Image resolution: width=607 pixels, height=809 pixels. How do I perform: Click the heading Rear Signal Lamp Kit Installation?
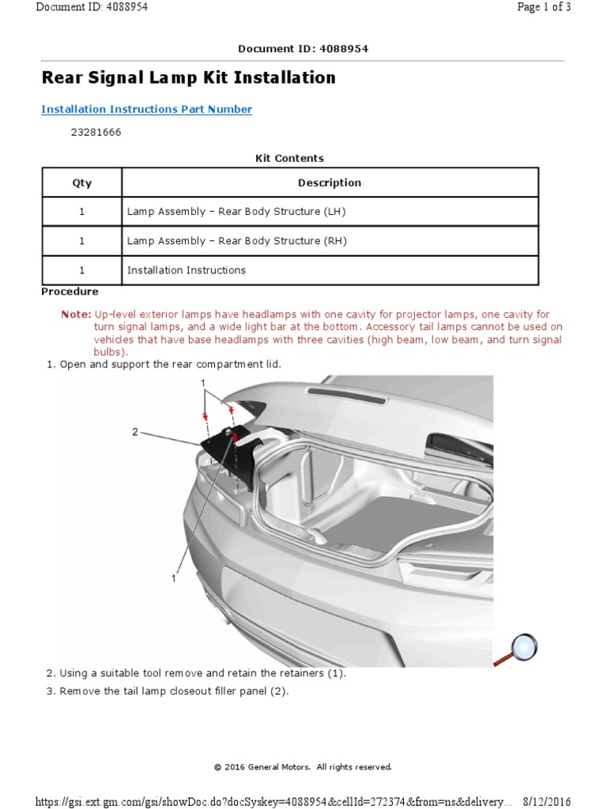188,77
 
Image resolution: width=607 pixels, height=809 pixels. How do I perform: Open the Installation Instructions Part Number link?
146,110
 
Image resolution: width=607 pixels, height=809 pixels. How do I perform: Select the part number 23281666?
96,133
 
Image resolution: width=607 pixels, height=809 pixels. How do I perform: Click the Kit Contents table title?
289,158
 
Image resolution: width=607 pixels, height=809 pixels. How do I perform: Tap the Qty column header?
81,182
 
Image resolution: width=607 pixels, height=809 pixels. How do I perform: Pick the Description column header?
330,182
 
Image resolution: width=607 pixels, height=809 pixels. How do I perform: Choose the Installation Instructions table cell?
187,270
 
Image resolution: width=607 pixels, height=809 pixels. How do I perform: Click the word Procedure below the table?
70,292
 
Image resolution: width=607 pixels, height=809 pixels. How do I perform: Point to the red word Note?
76,314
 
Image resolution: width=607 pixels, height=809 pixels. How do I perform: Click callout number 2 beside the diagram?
135,432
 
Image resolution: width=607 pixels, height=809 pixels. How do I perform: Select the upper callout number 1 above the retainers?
203,382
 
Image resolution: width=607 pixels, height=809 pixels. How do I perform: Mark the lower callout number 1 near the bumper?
172,578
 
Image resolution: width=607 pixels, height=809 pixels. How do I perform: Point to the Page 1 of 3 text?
543,7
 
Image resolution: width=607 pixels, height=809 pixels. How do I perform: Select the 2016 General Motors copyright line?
303,766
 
